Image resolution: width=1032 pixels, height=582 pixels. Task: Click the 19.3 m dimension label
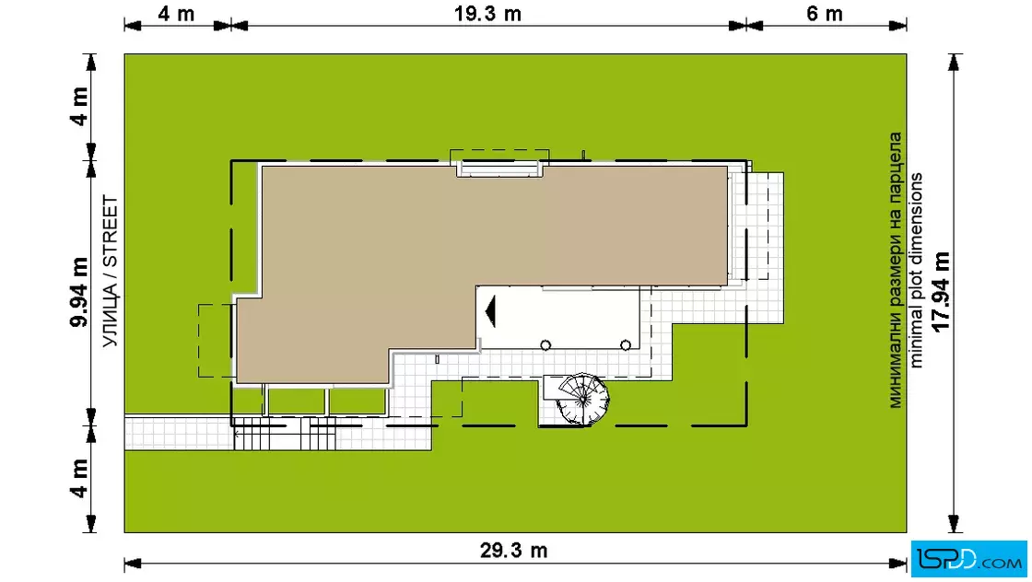(x=487, y=13)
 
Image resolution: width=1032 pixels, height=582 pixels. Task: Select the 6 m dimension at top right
(x=825, y=13)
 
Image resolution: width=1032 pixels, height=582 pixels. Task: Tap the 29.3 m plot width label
(x=513, y=550)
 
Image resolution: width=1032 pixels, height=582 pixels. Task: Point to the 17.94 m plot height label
(x=941, y=291)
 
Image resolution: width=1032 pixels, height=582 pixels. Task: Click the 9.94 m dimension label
(x=79, y=293)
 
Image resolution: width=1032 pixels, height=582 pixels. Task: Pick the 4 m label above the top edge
(x=176, y=13)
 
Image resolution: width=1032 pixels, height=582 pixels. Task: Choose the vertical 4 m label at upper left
(x=79, y=106)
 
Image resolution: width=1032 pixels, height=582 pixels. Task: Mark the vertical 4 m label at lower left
(x=79, y=478)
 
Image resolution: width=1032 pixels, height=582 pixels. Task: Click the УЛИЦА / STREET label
(x=110, y=271)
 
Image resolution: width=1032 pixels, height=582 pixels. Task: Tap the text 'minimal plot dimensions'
(x=916, y=271)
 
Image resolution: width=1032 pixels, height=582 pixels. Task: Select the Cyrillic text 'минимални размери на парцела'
(x=896, y=271)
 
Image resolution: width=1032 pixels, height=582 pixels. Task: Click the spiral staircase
(x=581, y=399)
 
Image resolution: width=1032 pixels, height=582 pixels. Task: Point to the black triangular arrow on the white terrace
(x=490, y=311)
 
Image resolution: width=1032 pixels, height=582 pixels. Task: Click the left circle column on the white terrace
(x=545, y=345)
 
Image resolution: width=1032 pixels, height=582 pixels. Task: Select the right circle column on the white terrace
(x=626, y=345)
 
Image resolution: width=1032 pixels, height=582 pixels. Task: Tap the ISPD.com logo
(x=968, y=559)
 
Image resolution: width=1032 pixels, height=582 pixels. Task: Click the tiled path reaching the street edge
(x=178, y=432)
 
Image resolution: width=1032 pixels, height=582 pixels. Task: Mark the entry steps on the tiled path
(x=285, y=434)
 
